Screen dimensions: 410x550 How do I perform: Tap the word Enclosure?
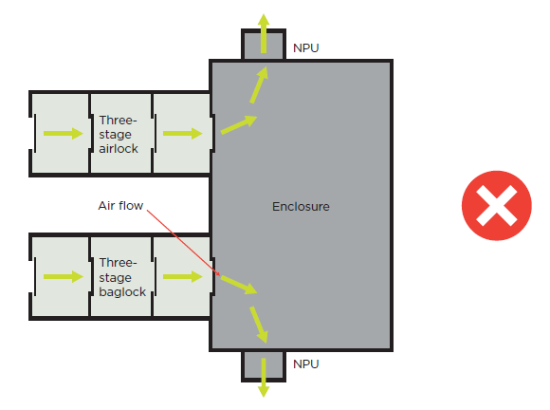pyautogui.click(x=301, y=206)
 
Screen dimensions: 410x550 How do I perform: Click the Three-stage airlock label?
pyautogui.click(x=119, y=134)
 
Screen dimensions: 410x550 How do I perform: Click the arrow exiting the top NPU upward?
pyautogui.click(x=264, y=28)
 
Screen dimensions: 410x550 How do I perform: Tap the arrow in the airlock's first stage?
pyautogui.click(x=63, y=134)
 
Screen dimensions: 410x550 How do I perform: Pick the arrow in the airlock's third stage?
pyautogui.click(x=182, y=134)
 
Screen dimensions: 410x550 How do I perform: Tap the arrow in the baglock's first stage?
pyautogui.click(x=63, y=277)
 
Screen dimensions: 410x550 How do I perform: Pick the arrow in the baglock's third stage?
pyautogui.click(x=182, y=277)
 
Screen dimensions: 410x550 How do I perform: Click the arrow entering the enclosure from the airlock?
pyautogui.click(x=238, y=125)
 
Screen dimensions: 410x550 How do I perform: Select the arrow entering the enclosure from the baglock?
pyautogui.click(x=237, y=284)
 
